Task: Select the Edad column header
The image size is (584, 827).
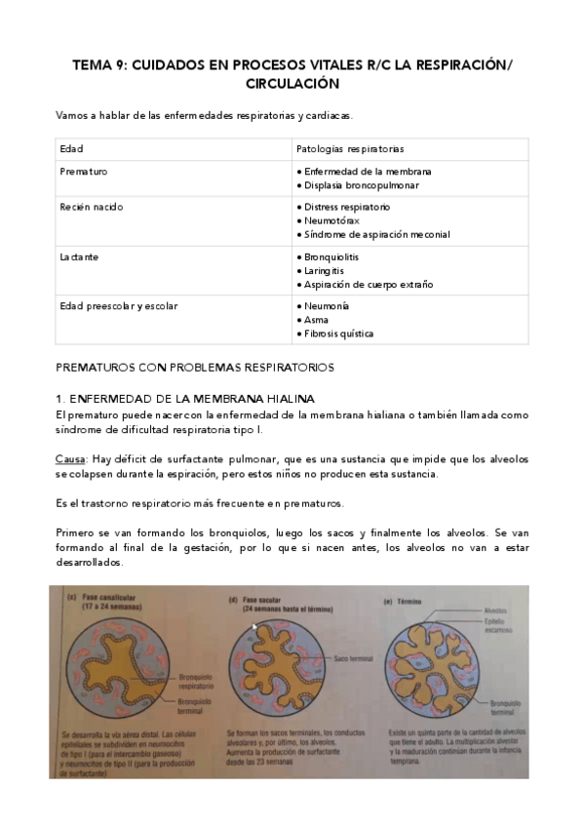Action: [x=71, y=149]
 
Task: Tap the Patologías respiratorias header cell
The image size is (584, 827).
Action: [x=349, y=149]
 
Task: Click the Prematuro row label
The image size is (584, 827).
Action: [x=84, y=172]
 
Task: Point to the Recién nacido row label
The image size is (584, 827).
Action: [x=92, y=208]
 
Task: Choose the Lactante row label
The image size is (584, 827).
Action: [x=80, y=257]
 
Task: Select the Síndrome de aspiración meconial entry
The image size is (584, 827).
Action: [x=375, y=234]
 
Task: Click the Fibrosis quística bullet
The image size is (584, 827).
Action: [x=336, y=334]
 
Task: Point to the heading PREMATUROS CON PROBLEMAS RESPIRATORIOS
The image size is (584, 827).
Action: [x=195, y=368]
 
